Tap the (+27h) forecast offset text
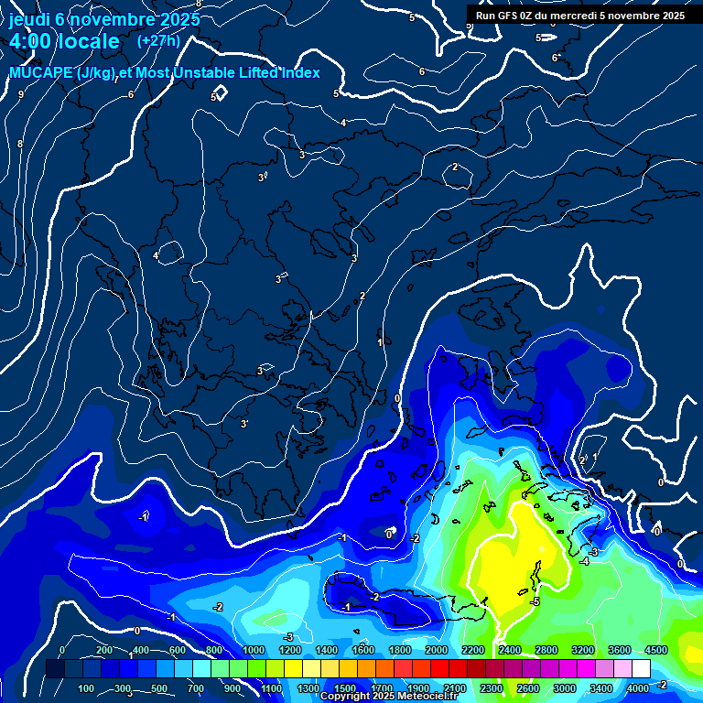coord(158,40)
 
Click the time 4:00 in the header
coord(31,41)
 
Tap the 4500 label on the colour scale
coord(655,650)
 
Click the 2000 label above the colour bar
coord(437,650)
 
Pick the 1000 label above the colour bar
coord(254,650)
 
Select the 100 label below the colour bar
coord(87,688)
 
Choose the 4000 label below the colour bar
coord(639,688)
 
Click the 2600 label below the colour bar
coord(528,688)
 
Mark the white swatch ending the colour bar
coord(641,669)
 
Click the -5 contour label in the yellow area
coord(535,601)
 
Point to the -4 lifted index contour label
coord(584,561)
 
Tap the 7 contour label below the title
coord(116,80)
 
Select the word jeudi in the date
coord(28,18)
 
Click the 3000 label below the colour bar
coord(565,688)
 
